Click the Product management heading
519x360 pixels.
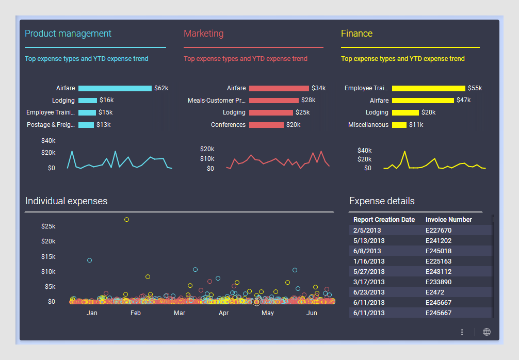(x=68, y=34)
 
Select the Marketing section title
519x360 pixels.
(x=204, y=34)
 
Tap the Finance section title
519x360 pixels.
(x=356, y=34)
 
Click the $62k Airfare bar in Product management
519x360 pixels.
(x=115, y=88)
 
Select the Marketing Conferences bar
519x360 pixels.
(x=266, y=125)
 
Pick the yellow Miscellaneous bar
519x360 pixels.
(x=399, y=125)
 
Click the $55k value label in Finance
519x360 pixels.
(x=475, y=88)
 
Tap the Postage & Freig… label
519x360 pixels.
(x=51, y=125)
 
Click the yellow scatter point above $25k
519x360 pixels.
(x=126, y=220)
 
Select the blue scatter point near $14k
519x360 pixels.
(x=89, y=260)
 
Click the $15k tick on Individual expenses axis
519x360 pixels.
(x=48, y=257)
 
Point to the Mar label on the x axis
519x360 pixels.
(x=180, y=313)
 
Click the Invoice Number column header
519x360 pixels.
(x=448, y=220)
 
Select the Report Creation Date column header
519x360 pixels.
(x=384, y=220)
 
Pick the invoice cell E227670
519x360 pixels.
(x=438, y=231)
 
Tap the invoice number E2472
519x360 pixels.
(x=434, y=292)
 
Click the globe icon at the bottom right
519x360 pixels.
(x=486, y=332)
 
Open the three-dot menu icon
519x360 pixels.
(x=462, y=332)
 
